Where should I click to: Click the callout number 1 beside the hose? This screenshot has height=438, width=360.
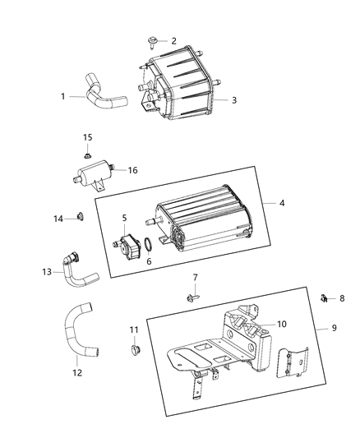62,96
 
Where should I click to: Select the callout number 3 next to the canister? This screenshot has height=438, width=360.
234,100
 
